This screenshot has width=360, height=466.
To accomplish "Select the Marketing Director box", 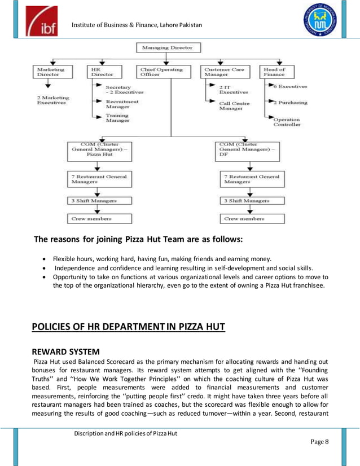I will pos(51,72).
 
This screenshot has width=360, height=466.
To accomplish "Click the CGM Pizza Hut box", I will pos(97,149).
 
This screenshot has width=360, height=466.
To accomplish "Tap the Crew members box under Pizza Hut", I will pos(97,218).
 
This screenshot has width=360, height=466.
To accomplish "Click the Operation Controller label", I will pos(286,122).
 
